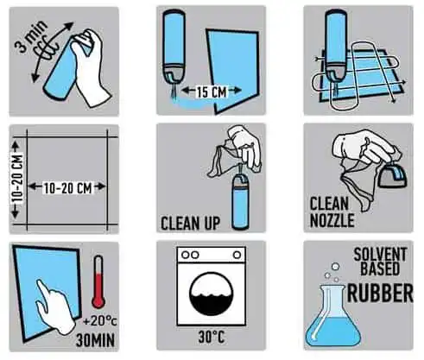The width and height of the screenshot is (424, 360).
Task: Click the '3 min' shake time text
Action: (x=31, y=36)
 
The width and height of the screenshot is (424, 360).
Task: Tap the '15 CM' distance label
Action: (x=212, y=92)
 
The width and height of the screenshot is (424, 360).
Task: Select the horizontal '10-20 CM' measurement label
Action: (x=67, y=188)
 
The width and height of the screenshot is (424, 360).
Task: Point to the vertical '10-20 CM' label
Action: (x=17, y=180)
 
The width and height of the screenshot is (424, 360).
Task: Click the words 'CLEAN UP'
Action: (x=190, y=224)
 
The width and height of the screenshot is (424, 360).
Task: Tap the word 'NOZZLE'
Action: (x=332, y=221)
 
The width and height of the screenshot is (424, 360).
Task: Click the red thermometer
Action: (x=98, y=281)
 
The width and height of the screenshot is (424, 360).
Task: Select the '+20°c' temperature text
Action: (x=100, y=320)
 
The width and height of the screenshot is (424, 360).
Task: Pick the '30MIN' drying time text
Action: (x=95, y=340)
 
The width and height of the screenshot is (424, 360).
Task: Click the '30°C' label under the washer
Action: (x=212, y=337)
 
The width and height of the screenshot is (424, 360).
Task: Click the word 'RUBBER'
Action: (x=380, y=293)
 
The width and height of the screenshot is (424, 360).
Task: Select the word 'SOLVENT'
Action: (x=380, y=255)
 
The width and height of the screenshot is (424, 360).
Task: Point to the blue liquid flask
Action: (x=332, y=316)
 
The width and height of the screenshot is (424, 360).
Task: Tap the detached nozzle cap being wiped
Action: (x=392, y=177)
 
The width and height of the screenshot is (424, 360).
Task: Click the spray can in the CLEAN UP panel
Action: (x=240, y=202)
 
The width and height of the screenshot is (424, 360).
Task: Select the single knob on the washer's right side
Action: (x=237, y=255)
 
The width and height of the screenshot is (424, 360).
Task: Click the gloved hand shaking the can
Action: (x=88, y=66)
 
